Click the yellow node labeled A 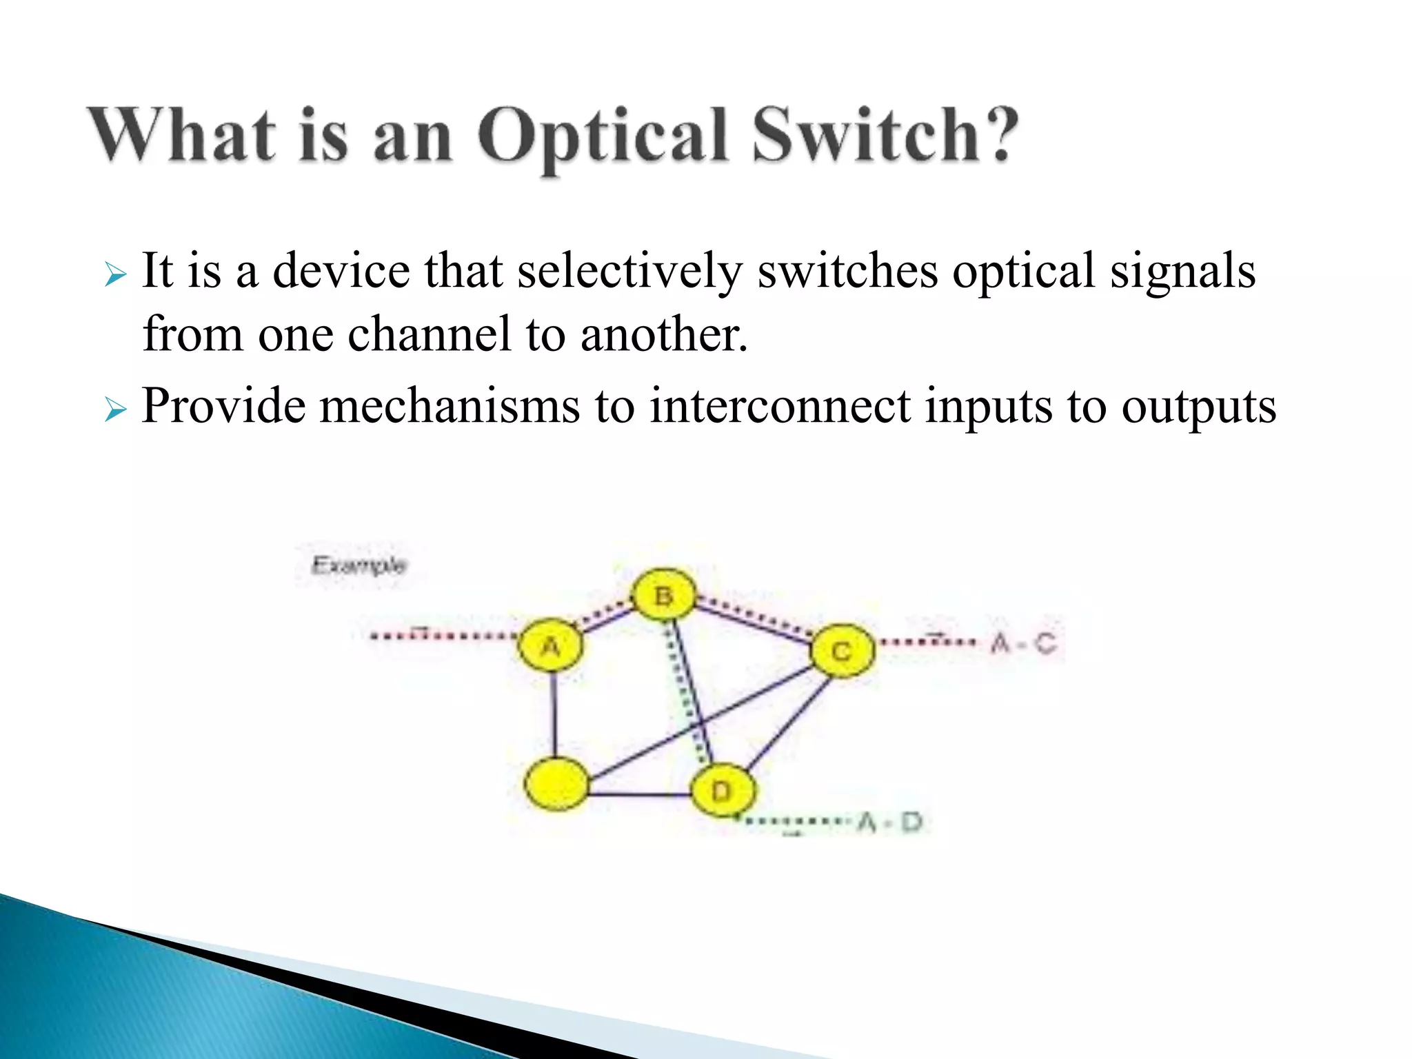(551, 645)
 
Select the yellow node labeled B (664, 594)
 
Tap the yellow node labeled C (842, 650)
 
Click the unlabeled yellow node (556, 784)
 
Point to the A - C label (1024, 643)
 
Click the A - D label (890, 822)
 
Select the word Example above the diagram (359, 565)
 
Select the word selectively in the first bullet (629, 271)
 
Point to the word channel (428, 334)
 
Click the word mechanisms (450, 406)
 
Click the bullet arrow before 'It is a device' (115, 276)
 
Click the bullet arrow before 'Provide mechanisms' (115, 411)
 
